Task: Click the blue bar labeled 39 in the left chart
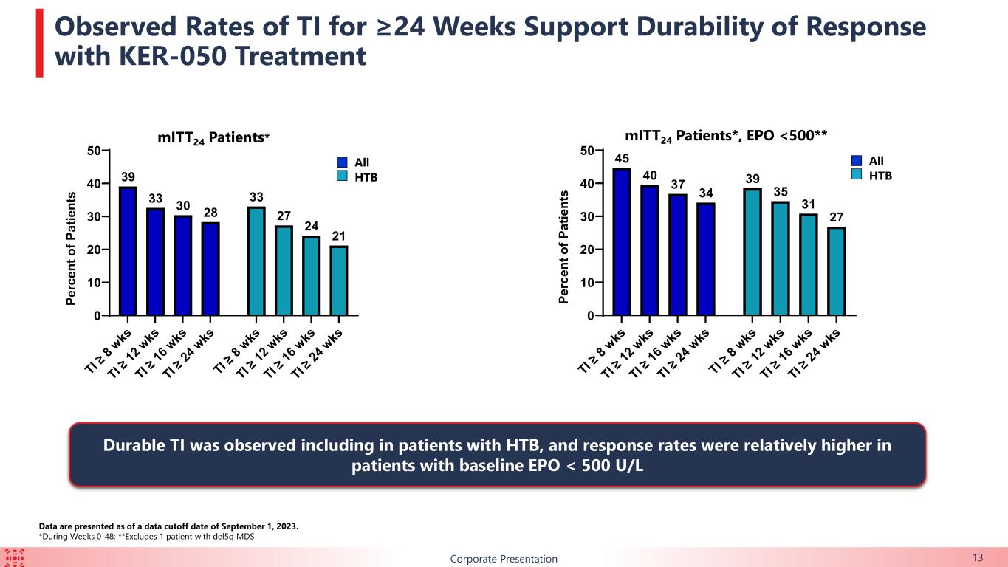[x=128, y=251]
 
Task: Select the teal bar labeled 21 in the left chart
[x=339, y=281]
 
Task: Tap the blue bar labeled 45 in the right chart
[x=622, y=241]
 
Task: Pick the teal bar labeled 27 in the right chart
[x=837, y=272]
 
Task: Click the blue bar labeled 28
[x=210, y=269]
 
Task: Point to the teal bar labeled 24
[x=312, y=276]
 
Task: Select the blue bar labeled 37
[x=678, y=255]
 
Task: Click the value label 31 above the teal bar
[x=808, y=205]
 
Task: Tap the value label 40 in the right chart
[x=650, y=176]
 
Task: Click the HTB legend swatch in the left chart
[x=342, y=176]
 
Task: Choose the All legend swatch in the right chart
[x=857, y=161]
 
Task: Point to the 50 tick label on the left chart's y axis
[x=94, y=151]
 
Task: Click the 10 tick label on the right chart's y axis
[x=587, y=283]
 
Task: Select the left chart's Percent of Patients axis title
[x=71, y=248]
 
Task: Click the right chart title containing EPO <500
[x=726, y=136]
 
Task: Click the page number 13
[x=978, y=558]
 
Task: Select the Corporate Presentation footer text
[x=504, y=559]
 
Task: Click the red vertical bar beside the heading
[x=40, y=43]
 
